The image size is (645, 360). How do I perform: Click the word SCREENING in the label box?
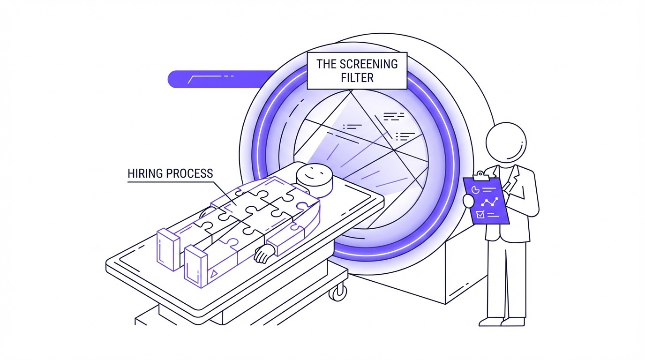pyautogui.click(x=370, y=64)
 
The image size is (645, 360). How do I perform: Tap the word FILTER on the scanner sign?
pyautogui.click(x=357, y=77)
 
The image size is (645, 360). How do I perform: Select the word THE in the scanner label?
pyautogui.click(x=327, y=64)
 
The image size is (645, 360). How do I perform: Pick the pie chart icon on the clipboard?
pyautogui.click(x=475, y=189)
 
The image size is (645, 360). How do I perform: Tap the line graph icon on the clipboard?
pyautogui.click(x=489, y=202)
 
